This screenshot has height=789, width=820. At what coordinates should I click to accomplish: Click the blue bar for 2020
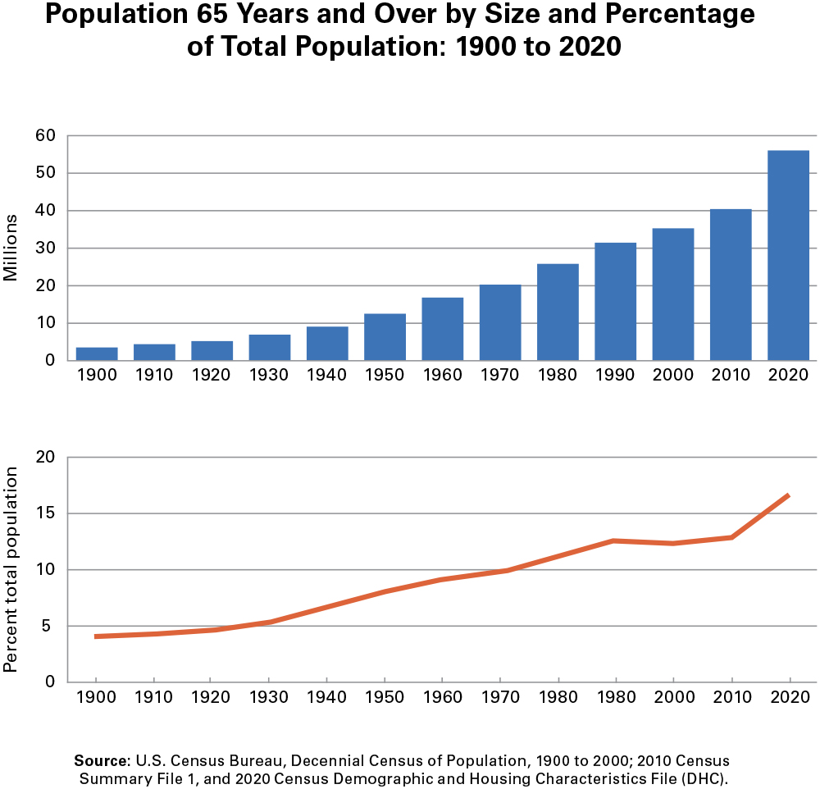coord(788,255)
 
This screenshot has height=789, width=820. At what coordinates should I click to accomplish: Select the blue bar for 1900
coord(97,353)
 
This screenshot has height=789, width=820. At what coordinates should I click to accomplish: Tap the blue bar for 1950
coord(385,336)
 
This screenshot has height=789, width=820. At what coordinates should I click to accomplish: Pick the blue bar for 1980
coord(558,312)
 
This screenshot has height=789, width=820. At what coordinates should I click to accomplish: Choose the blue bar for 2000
coord(673,294)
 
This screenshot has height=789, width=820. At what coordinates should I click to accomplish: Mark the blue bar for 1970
coord(500,322)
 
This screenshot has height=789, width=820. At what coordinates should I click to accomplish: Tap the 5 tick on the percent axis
coord(48,627)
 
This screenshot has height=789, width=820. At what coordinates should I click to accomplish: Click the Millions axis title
coord(11,248)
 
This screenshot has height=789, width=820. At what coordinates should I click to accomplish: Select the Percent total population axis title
coord(11,569)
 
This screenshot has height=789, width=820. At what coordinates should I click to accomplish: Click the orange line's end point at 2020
coord(789,495)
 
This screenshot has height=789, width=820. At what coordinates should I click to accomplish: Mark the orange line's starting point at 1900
coord(97,636)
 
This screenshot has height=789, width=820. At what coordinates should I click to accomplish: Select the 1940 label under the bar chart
coord(327,376)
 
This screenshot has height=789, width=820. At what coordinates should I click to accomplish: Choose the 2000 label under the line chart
coord(673,697)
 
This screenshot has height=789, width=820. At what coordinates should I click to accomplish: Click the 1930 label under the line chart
coord(269,697)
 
